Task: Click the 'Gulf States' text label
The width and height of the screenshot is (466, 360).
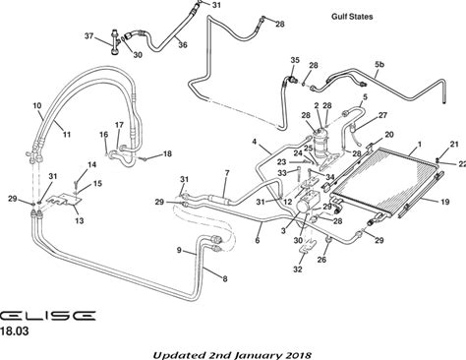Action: pos(352,17)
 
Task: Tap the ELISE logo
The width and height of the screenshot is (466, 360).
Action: pos(47,316)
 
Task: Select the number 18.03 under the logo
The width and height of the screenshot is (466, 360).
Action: pos(15,331)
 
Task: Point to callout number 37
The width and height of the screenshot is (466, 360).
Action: pos(89,36)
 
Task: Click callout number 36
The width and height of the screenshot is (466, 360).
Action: pos(183,44)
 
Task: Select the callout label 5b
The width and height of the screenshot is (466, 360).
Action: pos(379,64)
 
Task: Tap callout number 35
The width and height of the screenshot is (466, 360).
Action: pos(295,60)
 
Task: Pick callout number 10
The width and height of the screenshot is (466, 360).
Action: pos(37,106)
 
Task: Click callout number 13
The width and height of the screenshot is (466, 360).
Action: pos(80,220)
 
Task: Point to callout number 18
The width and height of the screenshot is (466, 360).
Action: pos(167,153)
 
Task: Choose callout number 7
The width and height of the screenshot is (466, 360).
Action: pos(227,173)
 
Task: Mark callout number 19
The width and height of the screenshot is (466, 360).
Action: pos(444,202)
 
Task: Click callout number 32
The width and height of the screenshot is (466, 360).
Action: pos(298,270)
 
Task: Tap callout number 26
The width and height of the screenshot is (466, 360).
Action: pos(321,260)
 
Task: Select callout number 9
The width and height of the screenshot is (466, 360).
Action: pos(179,250)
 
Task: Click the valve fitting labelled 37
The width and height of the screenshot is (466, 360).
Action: pos(115,42)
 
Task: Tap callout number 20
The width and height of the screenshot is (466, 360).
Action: pos(389,135)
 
